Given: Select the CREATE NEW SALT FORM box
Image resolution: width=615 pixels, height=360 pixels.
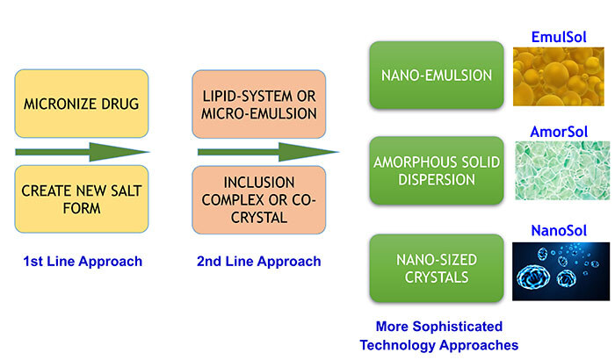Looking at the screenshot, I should [81, 200].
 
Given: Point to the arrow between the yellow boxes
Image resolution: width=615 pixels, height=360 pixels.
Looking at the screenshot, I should [82, 152].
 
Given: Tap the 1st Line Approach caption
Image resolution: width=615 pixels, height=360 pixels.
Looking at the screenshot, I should [81, 261].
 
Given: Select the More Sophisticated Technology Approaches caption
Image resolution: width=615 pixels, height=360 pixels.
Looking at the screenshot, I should [446, 334].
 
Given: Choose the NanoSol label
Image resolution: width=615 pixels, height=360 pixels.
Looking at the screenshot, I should [561, 231].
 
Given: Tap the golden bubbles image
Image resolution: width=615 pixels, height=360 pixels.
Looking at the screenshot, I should [561, 77].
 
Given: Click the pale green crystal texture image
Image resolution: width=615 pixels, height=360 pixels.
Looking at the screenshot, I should [561, 170].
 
